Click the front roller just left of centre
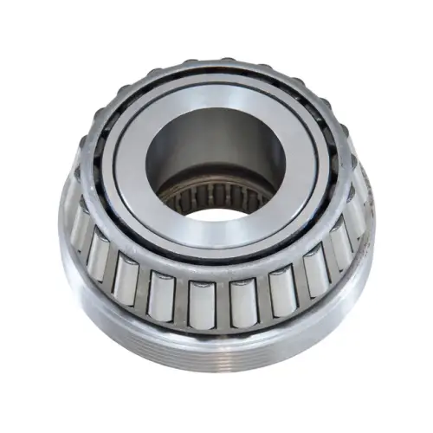[x=201, y=302]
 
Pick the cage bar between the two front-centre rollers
[x=222, y=305]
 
